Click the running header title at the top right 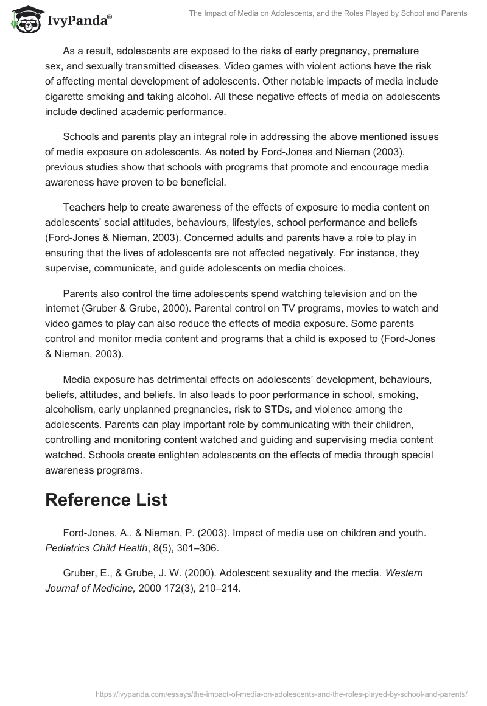328,13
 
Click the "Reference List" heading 106,500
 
